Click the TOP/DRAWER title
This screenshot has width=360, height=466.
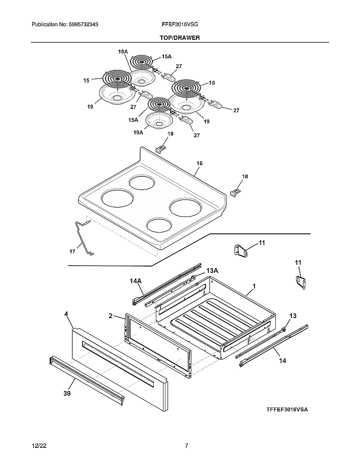[x=180, y=38]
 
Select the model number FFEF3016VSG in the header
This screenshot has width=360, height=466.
[x=180, y=25]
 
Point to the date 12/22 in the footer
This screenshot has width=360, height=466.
[x=38, y=446]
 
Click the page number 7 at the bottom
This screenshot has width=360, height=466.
[x=186, y=446]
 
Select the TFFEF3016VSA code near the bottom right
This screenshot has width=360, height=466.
[x=287, y=410]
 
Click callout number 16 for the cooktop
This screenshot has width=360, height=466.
[x=199, y=163]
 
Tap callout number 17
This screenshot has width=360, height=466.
[x=72, y=251]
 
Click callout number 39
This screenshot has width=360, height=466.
[x=67, y=394]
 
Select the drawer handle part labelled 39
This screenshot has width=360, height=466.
[x=87, y=379]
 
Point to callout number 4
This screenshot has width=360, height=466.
[x=66, y=314]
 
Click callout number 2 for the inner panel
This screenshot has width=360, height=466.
[x=110, y=316]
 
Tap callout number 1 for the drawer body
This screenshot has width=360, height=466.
[x=254, y=286]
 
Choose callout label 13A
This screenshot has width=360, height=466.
[x=212, y=270]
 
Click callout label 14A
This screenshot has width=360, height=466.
[x=136, y=280]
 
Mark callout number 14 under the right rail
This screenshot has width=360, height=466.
[x=282, y=361]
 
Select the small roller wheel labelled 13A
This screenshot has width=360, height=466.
[x=194, y=277]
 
